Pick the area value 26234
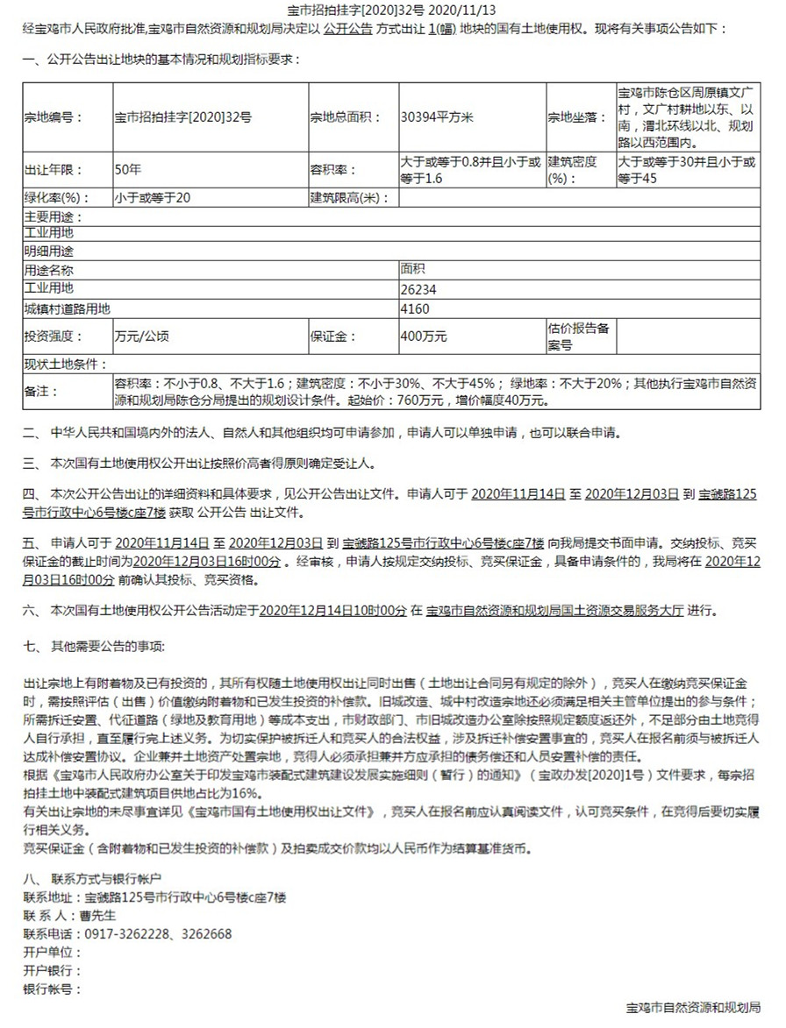pyautogui.click(x=418, y=288)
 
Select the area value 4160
pyautogui.click(x=414, y=308)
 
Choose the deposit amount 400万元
pyautogui.click(x=424, y=336)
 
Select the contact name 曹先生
pyautogui.click(x=97, y=915)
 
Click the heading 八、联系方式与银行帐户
pyautogui.click(x=93, y=877)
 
